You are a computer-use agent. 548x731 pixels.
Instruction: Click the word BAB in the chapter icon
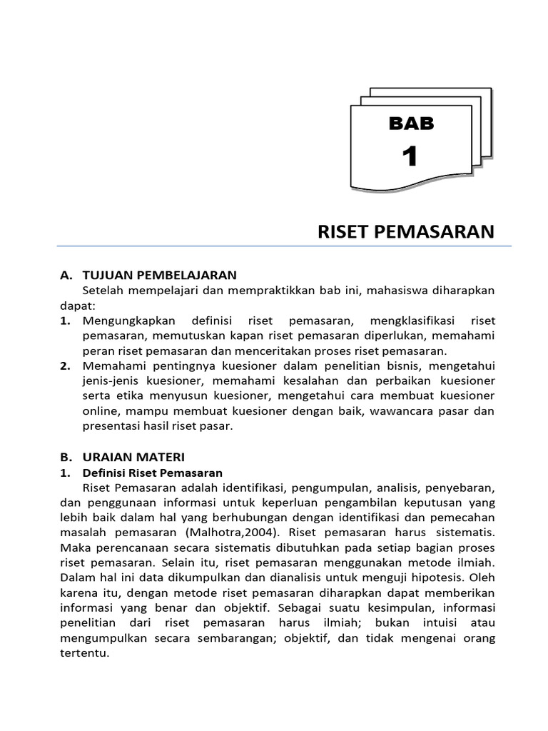coord(411,123)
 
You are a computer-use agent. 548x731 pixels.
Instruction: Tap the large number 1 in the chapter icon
coord(410,156)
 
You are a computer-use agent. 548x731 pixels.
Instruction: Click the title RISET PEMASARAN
coord(405,232)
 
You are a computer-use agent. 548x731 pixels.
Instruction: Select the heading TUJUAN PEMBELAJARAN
coord(159,275)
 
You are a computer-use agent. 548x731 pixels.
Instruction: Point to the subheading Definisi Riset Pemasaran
coord(152,473)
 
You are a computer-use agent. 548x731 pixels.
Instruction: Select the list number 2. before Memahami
coord(66,365)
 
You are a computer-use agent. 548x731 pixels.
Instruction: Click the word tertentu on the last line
coord(84,653)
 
